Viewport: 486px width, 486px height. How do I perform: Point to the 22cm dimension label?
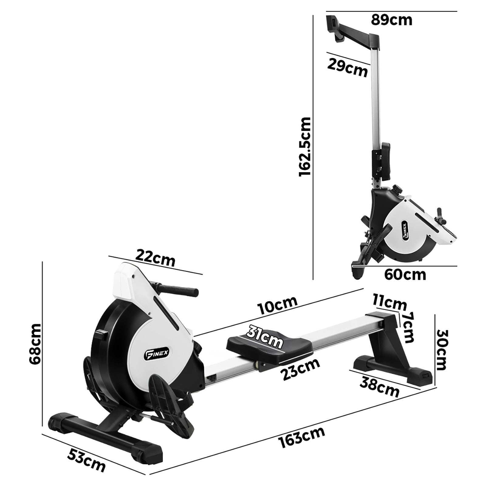pyautogui.click(x=155, y=258)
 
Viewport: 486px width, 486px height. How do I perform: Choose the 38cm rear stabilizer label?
pyautogui.click(x=379, y=386)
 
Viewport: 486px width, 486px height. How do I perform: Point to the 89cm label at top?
pyautogui.click(x=392, y=20)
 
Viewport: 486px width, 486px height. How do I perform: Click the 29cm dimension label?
pyautogui.click(x=347, y=68)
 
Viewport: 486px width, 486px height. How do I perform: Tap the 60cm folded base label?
pyautogui.click(x=405, y=275)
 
